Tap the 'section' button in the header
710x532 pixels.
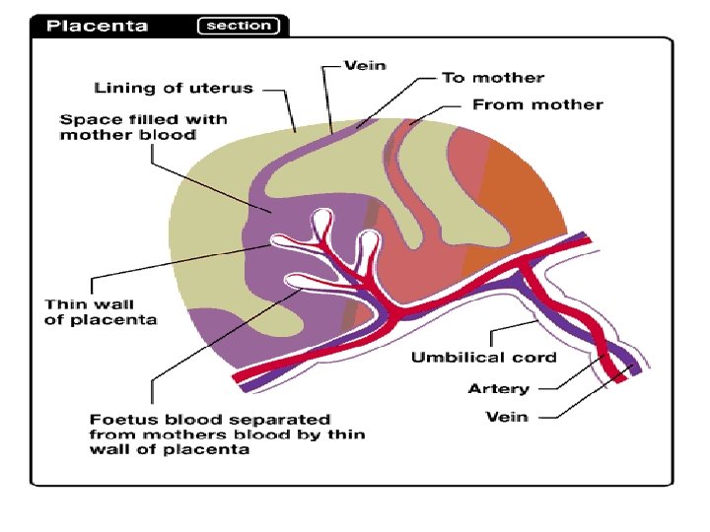(x=240, y=26)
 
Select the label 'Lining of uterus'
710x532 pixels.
(x=174, y=88)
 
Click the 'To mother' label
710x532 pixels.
(x=492, y=77)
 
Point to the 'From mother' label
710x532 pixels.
(x=537, y=103)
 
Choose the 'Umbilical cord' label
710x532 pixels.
(x=483, y=357)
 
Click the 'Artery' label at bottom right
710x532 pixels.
(x=498, y=388)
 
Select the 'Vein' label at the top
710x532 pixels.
(x=364, y=66)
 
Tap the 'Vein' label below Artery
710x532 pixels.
(x=507, y=417)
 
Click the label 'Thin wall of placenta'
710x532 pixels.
(x=101, y=312)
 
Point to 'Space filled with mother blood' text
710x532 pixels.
(x=144, y=126)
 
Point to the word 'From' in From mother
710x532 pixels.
(x=494, y=103)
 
